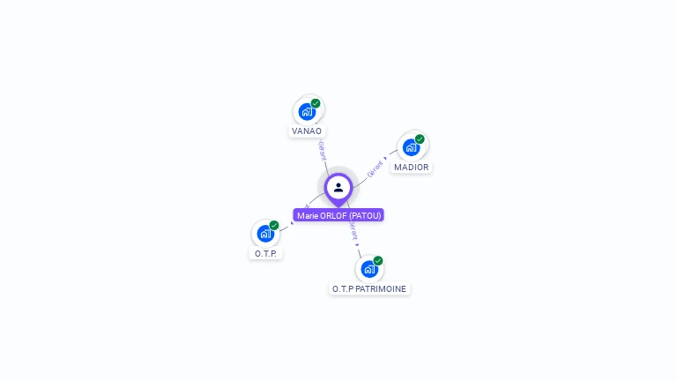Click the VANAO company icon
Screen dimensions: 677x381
point(307,112)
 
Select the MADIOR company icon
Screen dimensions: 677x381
point(411,147)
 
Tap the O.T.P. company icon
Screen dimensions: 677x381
point(265,234)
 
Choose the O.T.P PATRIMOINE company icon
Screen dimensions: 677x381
point(369,269)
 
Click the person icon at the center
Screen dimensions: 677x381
point(338,187)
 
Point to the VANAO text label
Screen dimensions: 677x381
point(307,131)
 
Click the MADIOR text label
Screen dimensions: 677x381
point(412,167)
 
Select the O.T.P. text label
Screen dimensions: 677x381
point(265,253)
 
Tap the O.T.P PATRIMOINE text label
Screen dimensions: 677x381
point(369,288)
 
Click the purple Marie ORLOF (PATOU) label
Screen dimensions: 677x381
point(338,215)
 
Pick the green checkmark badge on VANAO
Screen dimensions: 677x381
point(316,103)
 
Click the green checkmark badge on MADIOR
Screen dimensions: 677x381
point(420,138)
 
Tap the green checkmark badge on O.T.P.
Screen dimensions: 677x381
point(274,225)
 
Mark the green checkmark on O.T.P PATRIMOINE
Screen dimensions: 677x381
point(378,260)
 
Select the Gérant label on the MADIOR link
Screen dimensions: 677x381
point(375,169)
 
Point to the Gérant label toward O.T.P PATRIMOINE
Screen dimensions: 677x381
point(353,231)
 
